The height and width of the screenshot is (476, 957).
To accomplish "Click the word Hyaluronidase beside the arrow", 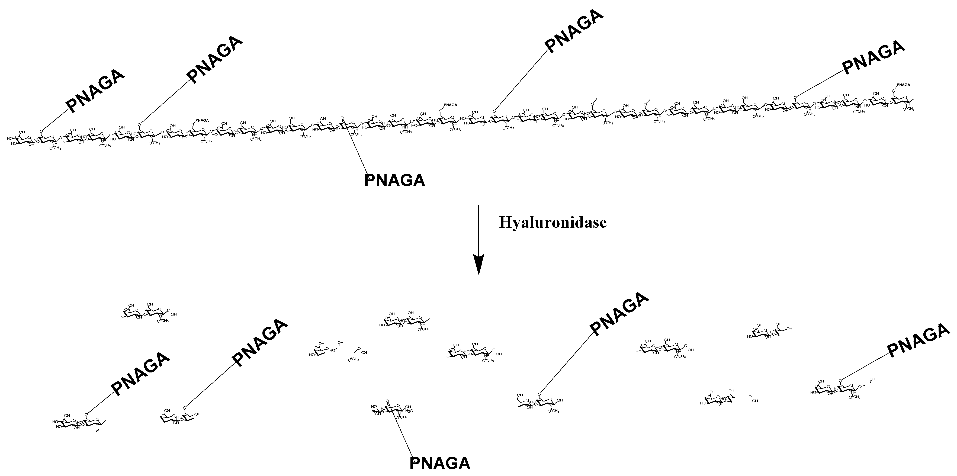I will point(553,222).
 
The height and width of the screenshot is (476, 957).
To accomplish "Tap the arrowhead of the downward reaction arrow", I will point(479,264).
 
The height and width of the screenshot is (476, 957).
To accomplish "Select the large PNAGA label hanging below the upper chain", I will point(394,181).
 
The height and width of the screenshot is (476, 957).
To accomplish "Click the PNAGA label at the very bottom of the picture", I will point(440,463).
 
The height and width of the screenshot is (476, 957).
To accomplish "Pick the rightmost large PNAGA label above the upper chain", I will point(873,57).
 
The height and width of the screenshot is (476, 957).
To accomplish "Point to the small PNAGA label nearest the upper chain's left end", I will point(202,120).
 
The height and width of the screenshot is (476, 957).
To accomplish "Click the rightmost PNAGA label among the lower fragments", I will point(918,340).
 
